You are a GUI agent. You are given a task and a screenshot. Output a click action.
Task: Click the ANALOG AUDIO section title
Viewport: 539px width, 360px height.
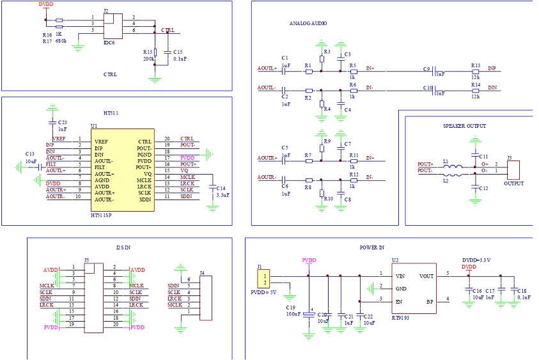[x=308, y=24]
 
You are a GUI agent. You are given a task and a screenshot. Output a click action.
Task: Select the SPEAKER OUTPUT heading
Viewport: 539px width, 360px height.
[x=464, y=126]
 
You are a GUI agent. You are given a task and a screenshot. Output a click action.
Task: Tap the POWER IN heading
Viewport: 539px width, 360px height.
[x=373, y=247]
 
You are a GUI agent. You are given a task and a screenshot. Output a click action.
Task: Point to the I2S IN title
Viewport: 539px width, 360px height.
[x=125, y=247]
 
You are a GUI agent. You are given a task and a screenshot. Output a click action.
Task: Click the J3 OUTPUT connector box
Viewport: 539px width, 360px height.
[x=513, y=169]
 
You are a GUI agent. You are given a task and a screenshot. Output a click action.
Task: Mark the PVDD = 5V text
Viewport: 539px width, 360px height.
[x=264, y=292]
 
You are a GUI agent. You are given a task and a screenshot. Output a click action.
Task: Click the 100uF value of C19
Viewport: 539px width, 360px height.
[x=294, y=315]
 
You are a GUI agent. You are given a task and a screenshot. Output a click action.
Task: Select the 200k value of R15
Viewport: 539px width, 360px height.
[x=148, y=58]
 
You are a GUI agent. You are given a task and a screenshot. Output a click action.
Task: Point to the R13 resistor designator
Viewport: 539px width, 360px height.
[x=474, y=65]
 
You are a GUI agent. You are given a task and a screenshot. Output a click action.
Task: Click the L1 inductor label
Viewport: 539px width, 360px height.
[x=446, y=162]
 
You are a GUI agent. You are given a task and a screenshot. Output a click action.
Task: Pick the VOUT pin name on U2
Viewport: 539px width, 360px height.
[x=426, y=276]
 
